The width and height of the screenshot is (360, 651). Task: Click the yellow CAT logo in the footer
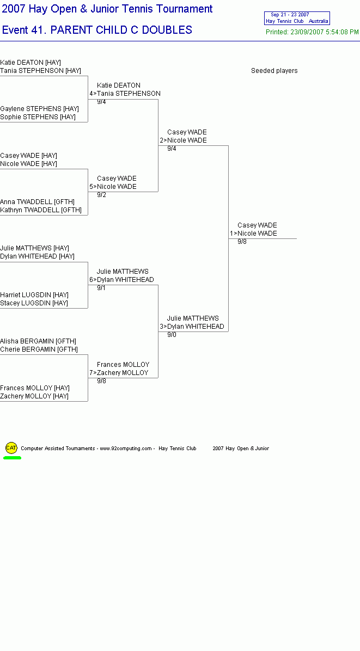[x=11, y=448]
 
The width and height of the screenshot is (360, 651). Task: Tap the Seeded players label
[x=274, y=71]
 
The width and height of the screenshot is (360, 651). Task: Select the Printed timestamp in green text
[x=312, y=32]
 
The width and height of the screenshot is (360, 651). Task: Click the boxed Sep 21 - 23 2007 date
[x=290, y=15]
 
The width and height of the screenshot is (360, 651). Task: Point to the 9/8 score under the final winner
[x=242, y=242]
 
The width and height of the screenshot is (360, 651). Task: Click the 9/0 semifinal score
[x=172, y=335]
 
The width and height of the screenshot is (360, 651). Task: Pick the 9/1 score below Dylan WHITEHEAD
[x=101, y=288]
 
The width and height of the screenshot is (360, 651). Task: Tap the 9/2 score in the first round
[x=101, y=195]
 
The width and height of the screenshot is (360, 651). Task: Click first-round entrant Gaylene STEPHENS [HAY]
[x=39, y=109]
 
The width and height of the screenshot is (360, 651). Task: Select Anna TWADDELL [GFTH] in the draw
[x=38, y=202]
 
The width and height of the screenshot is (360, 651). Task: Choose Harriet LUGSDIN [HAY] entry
[x=34, y=295]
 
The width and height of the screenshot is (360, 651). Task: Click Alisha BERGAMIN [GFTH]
[x=38, y=341]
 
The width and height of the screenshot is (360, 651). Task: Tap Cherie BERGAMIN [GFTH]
[x=39, y=349]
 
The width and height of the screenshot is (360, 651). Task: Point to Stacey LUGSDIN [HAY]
[x=34, y=303]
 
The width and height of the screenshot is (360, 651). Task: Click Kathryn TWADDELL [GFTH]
[x=41, y=210]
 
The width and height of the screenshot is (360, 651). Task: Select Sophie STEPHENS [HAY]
[x=38, y=117]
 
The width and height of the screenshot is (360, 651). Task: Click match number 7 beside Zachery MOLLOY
[x=91, y=373]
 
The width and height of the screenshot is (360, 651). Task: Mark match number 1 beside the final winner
[x=231, y=234]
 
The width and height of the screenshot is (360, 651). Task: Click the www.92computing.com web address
[x=126, y=449]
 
